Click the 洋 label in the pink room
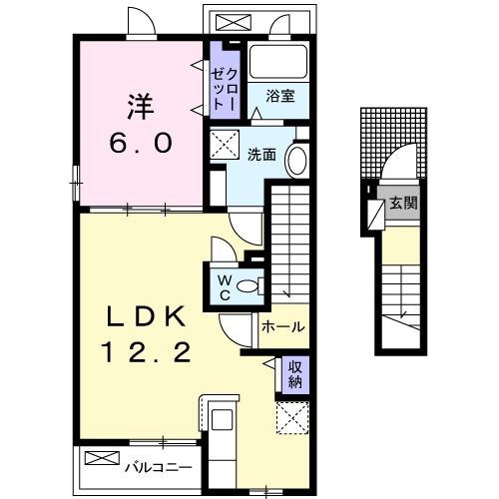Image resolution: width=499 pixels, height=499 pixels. pyautogui.click(x=140, y=103)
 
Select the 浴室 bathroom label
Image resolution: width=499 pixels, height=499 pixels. pyautogui.click(x=279, y=96)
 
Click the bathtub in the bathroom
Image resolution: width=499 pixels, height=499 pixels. pyautogui.click(x=278, y=62)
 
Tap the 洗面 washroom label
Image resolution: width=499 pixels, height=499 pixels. pyautogui.click(x=261, y=153)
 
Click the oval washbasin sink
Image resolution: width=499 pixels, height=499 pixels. pyautogui.click(x=296, y=161)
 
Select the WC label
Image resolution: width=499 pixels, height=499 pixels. pyautogui.click(x=224, y=286)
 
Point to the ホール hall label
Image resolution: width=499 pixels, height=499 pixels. pyautogui.click(x=282, y=326)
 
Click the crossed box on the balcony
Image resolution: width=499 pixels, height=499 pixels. pyautogui.click(x=101, y=459)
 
